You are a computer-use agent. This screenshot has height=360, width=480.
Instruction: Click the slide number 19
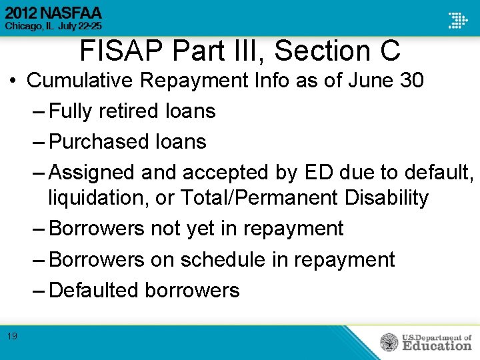point(13,337)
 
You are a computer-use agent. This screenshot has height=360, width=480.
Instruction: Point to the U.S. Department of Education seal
point(389,343)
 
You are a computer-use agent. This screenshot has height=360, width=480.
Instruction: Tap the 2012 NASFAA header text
point(52,13)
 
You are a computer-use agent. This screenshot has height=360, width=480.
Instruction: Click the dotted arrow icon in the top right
point(458,20)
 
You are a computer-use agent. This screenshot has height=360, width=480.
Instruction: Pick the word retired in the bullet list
point(128,111)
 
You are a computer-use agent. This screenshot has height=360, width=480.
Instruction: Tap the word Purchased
point(98,141)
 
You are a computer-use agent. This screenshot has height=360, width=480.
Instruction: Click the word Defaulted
point(94,290)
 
